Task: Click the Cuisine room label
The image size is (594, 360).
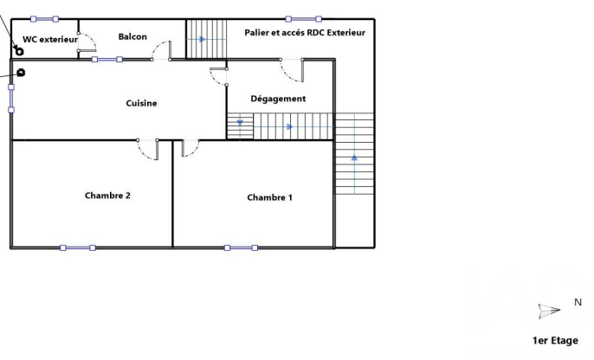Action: point(141,103)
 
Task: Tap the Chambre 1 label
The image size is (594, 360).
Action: point(269,197)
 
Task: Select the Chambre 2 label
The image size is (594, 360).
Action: point(107,196)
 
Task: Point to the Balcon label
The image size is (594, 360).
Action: point(132,36)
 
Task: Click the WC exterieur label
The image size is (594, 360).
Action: point(50,39)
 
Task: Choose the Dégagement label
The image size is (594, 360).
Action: point(278,99)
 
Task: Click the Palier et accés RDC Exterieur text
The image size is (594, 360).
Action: point(305,33)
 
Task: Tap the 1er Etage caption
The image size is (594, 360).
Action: point(555,340)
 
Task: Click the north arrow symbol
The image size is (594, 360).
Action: point(549,311)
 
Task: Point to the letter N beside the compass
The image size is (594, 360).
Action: point(578,302)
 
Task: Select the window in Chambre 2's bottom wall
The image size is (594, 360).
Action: point(78,248)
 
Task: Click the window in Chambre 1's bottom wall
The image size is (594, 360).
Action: point(241,248)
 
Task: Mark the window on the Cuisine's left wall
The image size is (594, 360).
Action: point(11,99)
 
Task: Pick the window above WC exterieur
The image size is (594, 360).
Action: point(44,19)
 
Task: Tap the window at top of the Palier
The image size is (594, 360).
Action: point(303,19)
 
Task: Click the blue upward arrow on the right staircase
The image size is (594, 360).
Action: point(354,157)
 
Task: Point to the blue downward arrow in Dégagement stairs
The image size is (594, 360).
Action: point(240,123)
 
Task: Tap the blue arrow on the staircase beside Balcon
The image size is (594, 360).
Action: point(203,39)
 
